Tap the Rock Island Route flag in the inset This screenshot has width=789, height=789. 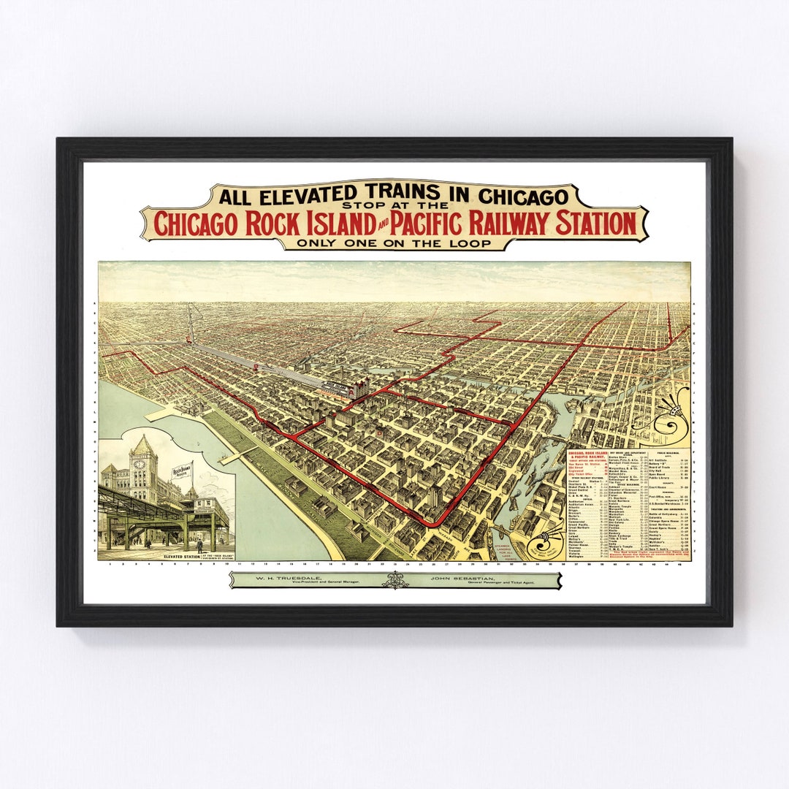coord(182,472)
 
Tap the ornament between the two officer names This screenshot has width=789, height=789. coord(395,580)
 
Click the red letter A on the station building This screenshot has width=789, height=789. coord(381,433)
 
